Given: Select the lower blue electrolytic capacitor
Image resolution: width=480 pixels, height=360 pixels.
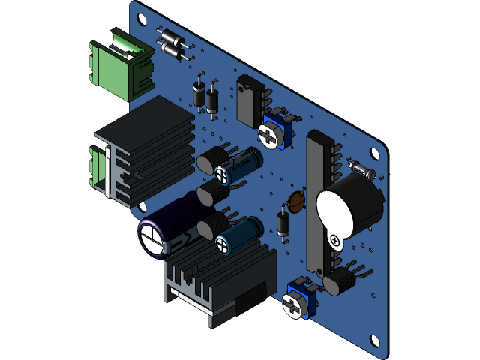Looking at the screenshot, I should click(240, 235).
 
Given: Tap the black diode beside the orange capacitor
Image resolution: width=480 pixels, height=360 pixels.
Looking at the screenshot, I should click(283, 223).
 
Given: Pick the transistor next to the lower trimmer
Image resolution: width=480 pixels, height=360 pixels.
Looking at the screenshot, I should click(338, 281).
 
